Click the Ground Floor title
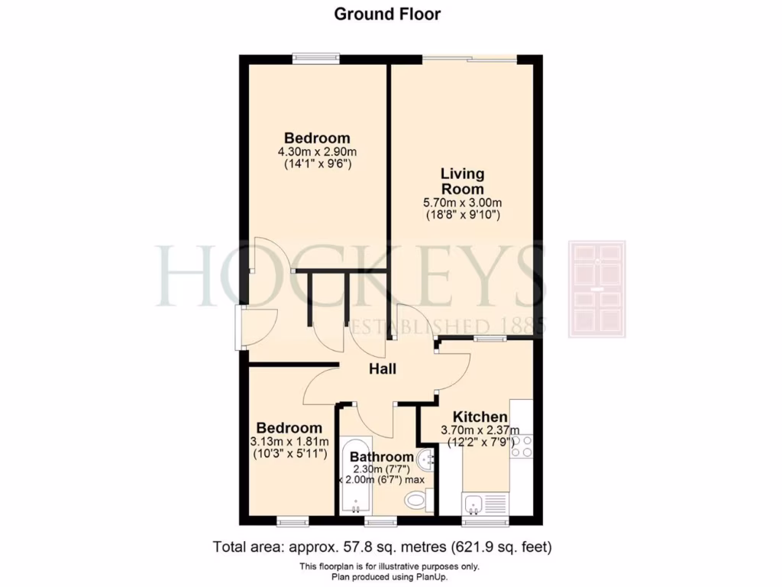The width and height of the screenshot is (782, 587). coord(387,14)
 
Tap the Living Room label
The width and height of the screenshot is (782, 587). coord(462,181)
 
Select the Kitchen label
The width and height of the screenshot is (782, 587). coord(480,417)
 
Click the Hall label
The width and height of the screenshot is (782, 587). coord(383,369)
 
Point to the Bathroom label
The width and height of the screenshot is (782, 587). coord(382,457)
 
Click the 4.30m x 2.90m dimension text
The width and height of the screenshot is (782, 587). coord(317,151)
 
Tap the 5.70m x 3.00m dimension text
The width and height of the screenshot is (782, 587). coord(463,203)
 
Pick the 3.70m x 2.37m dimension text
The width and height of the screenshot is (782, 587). coord(480,430)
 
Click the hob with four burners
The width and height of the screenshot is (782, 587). coord(522,446)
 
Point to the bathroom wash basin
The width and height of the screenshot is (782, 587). coord(429,459)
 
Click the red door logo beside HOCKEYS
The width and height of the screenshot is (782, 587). coord(596,289)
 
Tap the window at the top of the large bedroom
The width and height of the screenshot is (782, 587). coord(316,56)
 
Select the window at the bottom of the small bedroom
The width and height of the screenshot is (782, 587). coord(292,522)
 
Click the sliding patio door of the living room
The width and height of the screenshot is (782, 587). coord(470,57)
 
